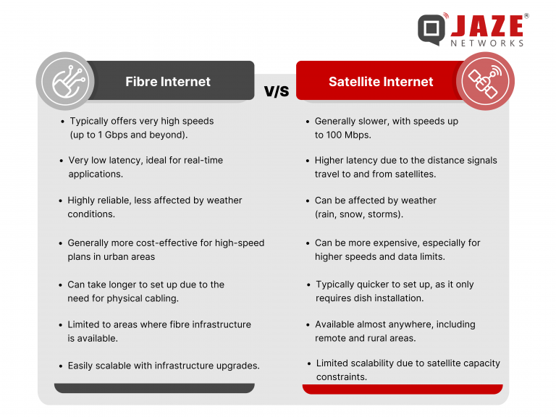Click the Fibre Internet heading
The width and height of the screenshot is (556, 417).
tap(167, 81)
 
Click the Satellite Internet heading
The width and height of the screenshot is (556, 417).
tap(381, 81)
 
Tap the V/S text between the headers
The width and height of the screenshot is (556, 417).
tap(276, 91)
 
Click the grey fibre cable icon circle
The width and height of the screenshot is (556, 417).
tap(65, 80)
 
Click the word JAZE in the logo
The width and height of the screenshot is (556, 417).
tap(487, 27)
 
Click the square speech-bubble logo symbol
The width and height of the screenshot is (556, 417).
tap(432, 29)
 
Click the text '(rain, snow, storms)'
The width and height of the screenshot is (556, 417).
tap(360, 214)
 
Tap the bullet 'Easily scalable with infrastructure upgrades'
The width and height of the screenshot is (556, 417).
tap(163, 366)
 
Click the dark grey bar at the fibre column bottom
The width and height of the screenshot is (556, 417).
tap(154, 388)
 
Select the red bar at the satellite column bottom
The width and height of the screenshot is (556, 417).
tap(402, 389)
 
